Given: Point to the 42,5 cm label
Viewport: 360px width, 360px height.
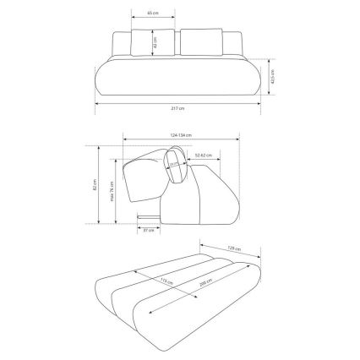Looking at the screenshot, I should [272, 77].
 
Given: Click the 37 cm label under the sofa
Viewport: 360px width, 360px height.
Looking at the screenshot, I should [149, 230].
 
